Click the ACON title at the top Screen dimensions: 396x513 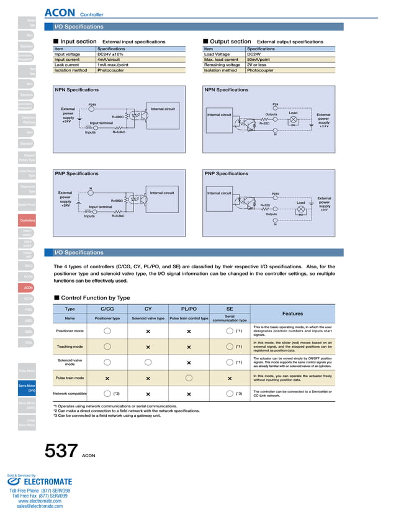click(x=60, y=12)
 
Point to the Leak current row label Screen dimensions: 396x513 click(x=67, y=65)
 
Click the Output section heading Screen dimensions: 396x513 click(x=230, y=42)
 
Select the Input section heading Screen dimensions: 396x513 click(x=78, y=42)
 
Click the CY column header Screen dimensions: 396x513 click(x=148, y=309)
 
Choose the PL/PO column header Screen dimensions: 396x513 click(x=189, y=309)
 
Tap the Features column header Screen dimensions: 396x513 click(x=292, y=314)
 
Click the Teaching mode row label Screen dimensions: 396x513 click(x=70, y=347)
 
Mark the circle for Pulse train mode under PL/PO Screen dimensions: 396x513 click(x=189, y=378)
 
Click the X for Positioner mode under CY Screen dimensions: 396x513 click(x=148, y=331)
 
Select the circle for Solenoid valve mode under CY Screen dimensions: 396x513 click(x=148, y=362)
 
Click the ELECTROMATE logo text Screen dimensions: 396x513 click(x=48, y=482)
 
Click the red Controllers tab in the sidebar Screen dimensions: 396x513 click(x=27, y=220)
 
